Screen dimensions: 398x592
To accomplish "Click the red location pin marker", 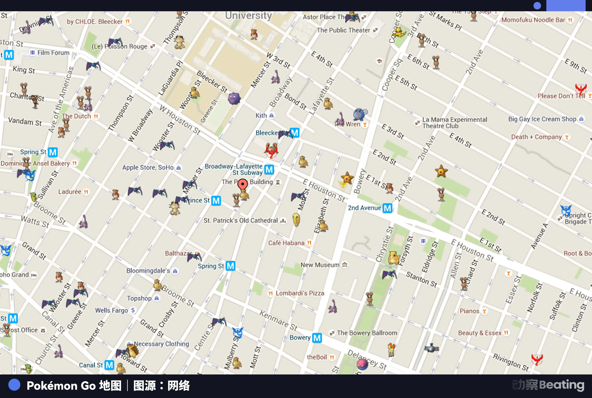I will tap(242, 184).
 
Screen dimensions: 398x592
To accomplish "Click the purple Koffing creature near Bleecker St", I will tap(234, 98).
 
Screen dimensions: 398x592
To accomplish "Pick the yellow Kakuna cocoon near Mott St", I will tap(296, 220).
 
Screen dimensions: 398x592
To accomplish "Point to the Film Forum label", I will tap(53, 53).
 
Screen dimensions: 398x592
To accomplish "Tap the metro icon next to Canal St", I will tap(109, 365).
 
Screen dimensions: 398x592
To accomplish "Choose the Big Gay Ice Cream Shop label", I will tap(542, 119).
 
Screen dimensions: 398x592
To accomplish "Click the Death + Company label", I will tap(536, 137).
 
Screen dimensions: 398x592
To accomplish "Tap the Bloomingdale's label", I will tap(148, 271).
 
